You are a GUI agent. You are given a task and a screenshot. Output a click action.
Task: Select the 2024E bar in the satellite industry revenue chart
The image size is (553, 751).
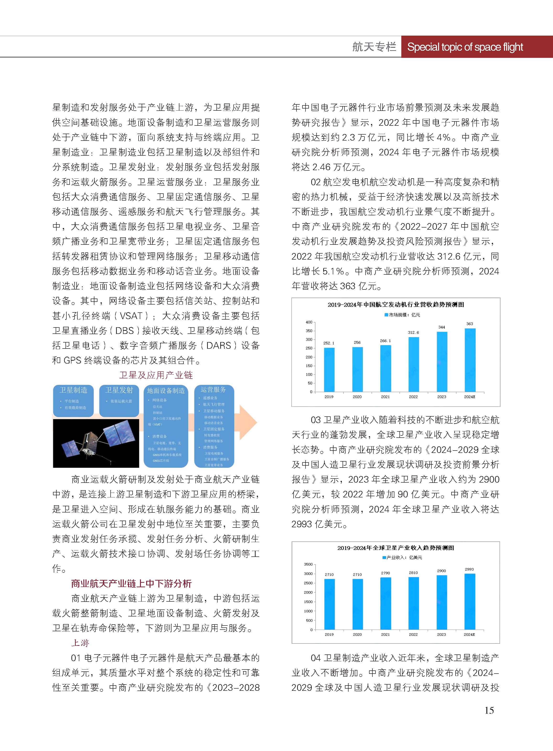pyautogui.click(x=470, y=602)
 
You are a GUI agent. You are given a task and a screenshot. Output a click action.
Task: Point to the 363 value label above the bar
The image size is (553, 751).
pyautogui.click(x=470, y=324)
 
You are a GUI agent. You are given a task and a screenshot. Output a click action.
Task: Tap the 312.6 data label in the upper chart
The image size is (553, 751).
pyautogui.click(x=413, y=332)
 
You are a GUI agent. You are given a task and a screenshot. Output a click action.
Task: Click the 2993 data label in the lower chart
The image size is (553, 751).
pyautogui.click(x=469, y=569)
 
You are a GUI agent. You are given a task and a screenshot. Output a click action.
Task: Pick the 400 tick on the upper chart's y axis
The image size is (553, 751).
pyautogui.click(x=309, y=322)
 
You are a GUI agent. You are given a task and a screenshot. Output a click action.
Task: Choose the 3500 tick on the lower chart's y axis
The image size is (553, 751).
pyautogui.click(x=308, y=564)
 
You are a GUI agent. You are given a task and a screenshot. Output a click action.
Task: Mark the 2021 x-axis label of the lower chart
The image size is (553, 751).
pyautogui.click(x=385, y=634)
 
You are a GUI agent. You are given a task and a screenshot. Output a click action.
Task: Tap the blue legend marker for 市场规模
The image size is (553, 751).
pyautogui.click(x=386, y=315)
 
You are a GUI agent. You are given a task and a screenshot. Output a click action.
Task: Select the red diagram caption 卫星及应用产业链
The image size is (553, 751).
pyautogui.click(x=156, y=375)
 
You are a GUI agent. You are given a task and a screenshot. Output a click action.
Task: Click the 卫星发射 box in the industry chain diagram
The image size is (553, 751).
pyautogui.click(x=119, y=400)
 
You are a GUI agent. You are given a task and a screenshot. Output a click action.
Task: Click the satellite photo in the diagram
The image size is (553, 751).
pyautogui.click(x=96, y=443)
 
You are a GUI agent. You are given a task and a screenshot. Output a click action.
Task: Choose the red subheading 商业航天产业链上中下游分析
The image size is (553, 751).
pyautogui.click(x=131, y=583)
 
